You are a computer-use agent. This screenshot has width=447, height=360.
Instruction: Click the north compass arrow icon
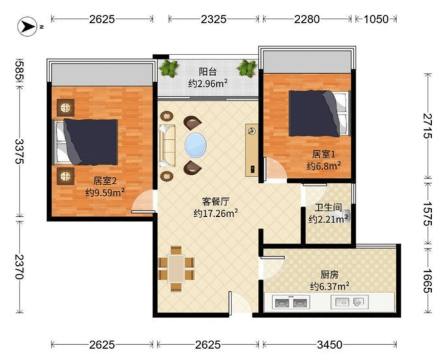pos(27,27)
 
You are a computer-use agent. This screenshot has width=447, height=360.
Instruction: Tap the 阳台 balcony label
pos(208,71)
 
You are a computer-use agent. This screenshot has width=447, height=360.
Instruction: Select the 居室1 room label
pos(324,154)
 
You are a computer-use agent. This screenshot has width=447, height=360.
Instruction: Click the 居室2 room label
pos(105,181)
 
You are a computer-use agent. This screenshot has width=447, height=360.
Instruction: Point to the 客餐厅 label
pos(216,202)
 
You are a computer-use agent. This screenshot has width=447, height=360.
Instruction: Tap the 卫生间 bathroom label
pos(328,207)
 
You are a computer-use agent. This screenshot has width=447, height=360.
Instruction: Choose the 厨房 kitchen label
pos(330,275)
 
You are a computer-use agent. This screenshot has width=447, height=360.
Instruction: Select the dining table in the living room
pos(176,268)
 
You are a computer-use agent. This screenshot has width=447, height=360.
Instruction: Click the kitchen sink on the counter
pos(350,301)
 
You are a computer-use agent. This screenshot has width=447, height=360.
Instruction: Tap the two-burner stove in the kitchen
pos(291,302)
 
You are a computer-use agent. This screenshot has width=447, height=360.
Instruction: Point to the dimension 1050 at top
pos(376,19)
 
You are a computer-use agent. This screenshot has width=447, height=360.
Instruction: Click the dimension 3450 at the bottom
pos(330,345)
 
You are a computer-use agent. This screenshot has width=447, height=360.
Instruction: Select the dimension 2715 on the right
pos(427,126)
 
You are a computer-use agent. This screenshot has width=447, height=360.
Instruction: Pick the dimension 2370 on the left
pos(20,267)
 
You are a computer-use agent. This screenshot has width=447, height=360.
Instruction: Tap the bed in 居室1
pos(319,114)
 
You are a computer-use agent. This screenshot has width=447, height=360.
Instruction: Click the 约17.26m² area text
pos(216,213)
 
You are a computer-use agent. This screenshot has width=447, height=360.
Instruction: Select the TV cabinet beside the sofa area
pos(252,150)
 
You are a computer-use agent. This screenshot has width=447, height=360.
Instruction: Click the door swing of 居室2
pos(143,201)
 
